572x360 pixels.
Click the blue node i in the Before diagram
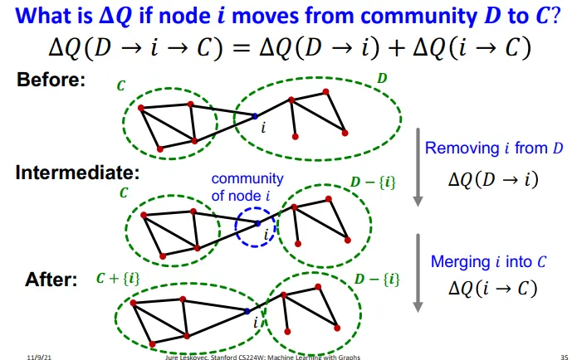point(255,115)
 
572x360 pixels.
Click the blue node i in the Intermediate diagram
point(258,223)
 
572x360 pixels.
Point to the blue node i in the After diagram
point(248,311)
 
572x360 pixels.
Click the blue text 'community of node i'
point(247,186)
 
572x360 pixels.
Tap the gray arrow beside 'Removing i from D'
point(418,163)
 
